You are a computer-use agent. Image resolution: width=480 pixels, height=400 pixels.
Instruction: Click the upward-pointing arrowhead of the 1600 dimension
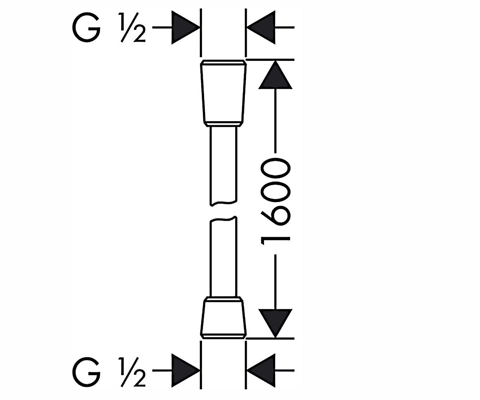[x=275, y=75]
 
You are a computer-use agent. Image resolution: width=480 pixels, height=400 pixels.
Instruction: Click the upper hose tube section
[x=223, y=166]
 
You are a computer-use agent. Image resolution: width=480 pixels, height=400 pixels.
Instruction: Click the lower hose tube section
[x=223, y=256]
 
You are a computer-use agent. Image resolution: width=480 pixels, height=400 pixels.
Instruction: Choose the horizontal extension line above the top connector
[x=270, y=60]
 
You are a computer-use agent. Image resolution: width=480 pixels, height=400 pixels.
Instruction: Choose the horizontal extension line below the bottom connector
[x=270, y=338]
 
